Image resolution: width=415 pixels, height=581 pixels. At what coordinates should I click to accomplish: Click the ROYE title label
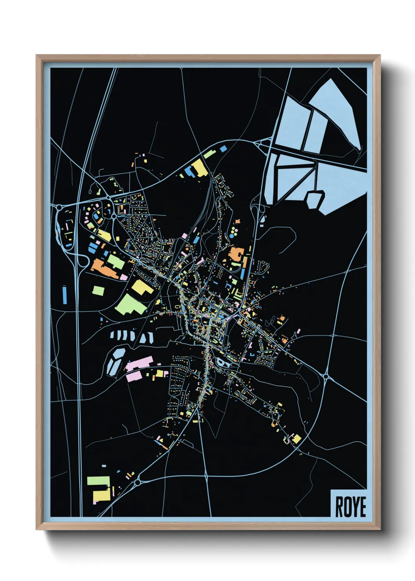click(x=350, y=506)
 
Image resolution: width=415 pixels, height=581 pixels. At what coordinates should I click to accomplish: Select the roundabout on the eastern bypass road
click(x=326, y=376)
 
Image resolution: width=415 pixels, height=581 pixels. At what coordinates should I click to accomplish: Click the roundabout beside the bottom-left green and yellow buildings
click(x=138, y=482)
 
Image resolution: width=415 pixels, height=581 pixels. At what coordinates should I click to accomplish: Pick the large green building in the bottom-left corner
click(x=98, y=481)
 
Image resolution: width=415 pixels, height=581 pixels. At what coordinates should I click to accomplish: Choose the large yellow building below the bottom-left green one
click(x=102, y=495)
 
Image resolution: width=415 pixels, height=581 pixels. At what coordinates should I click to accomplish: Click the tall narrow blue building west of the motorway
click(x=64, y=294)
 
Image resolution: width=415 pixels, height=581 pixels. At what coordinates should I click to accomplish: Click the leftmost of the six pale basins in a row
click(x=113, y=335)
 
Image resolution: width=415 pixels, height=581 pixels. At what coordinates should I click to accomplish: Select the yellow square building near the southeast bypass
click(x=297, y=438)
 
